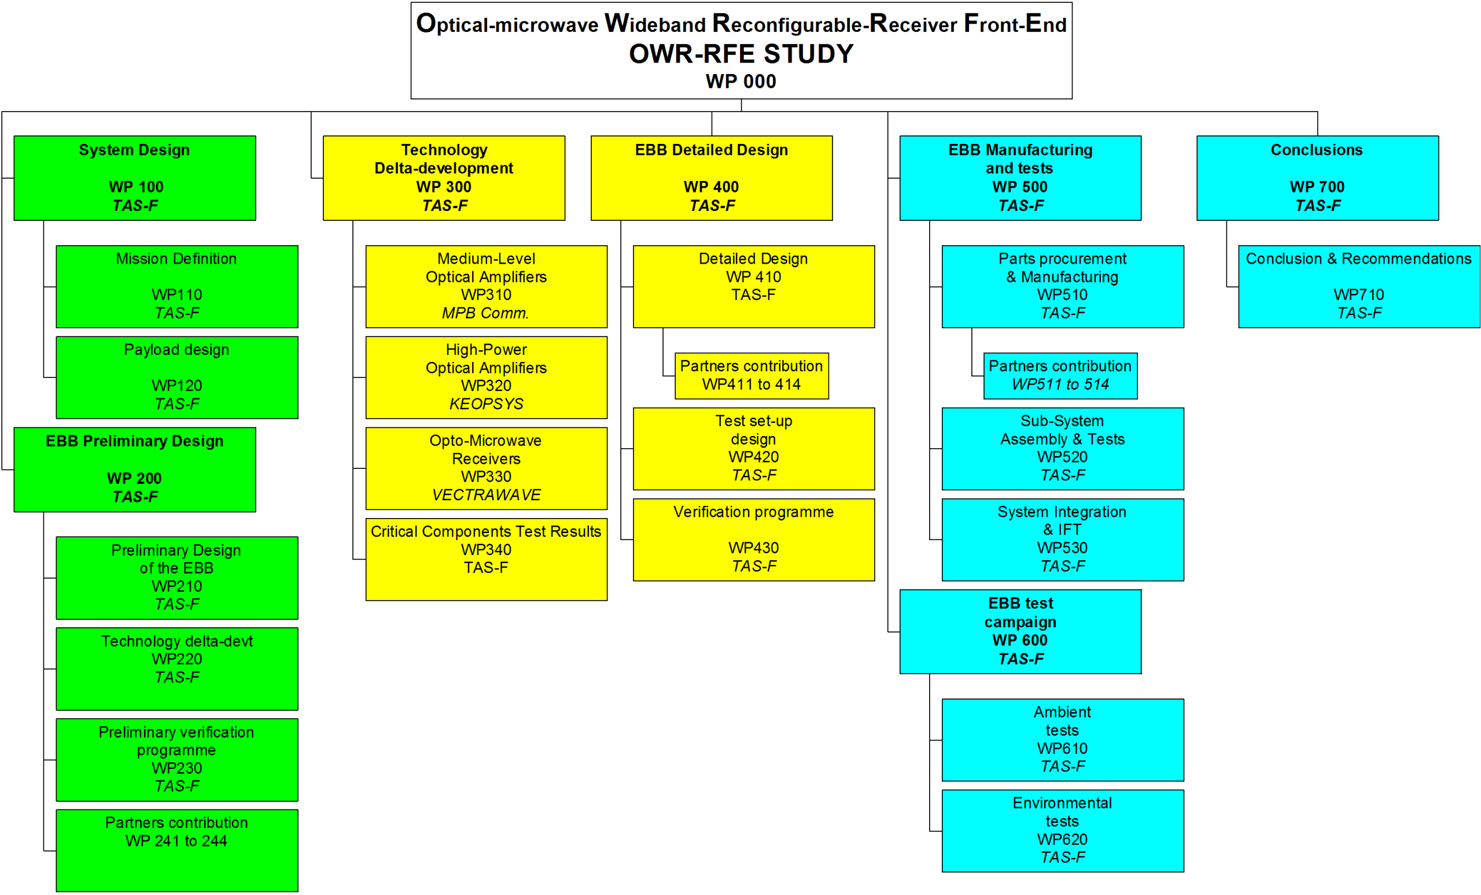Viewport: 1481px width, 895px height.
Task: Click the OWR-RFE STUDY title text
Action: [x=740, y=54]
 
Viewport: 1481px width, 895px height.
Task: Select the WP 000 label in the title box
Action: [x=740, y=81]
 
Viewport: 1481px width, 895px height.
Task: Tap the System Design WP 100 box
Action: [x=135, y=178]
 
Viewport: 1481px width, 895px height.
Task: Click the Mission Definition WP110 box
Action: [x=176, y=287]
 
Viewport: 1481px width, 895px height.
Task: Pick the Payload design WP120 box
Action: [x=176, y=377]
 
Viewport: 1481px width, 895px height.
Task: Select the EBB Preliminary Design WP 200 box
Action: [x=135, y=469]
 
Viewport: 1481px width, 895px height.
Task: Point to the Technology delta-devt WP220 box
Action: [x=176, y=668]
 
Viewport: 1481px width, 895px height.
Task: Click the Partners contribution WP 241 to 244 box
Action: [x=176, y=850]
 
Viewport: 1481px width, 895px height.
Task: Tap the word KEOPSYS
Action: [x=487, y=404]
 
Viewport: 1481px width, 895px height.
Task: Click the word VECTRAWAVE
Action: [x=487, y=495]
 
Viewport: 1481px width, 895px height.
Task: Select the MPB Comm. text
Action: [x=485, y=313]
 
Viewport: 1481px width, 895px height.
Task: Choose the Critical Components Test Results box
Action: [x=487, y=559]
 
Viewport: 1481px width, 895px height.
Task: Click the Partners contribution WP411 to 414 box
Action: [x=751, y=375]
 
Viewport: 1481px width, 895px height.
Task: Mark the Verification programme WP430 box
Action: [x=754, y=539]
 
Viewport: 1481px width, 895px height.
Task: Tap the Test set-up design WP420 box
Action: [x=754, y=449]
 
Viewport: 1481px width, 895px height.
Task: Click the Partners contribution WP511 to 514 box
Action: [x=1060, y=375]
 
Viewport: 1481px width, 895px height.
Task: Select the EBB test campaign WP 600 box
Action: [x=1020, y=631]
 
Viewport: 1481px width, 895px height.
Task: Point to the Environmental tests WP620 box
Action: [x=1063, y=831]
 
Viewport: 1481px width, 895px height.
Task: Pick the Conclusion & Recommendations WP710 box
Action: [x=1359, y=287]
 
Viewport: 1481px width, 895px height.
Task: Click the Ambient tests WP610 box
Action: [x=1063, y=739]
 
